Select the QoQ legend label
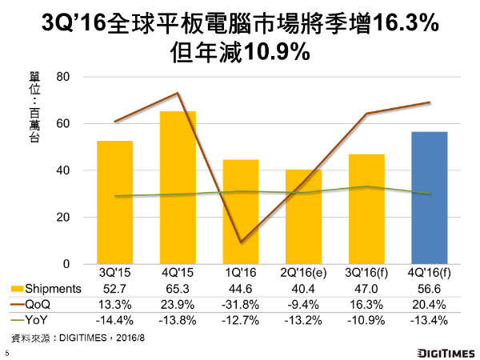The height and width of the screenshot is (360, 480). (44, 304)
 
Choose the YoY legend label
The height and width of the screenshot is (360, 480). (43, 318)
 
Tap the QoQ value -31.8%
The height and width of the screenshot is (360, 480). (242, 304)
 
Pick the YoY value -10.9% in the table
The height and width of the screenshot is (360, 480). (367, 318)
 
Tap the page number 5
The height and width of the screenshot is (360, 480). (7, 352)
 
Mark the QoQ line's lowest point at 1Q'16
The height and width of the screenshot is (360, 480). (241, 242)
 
